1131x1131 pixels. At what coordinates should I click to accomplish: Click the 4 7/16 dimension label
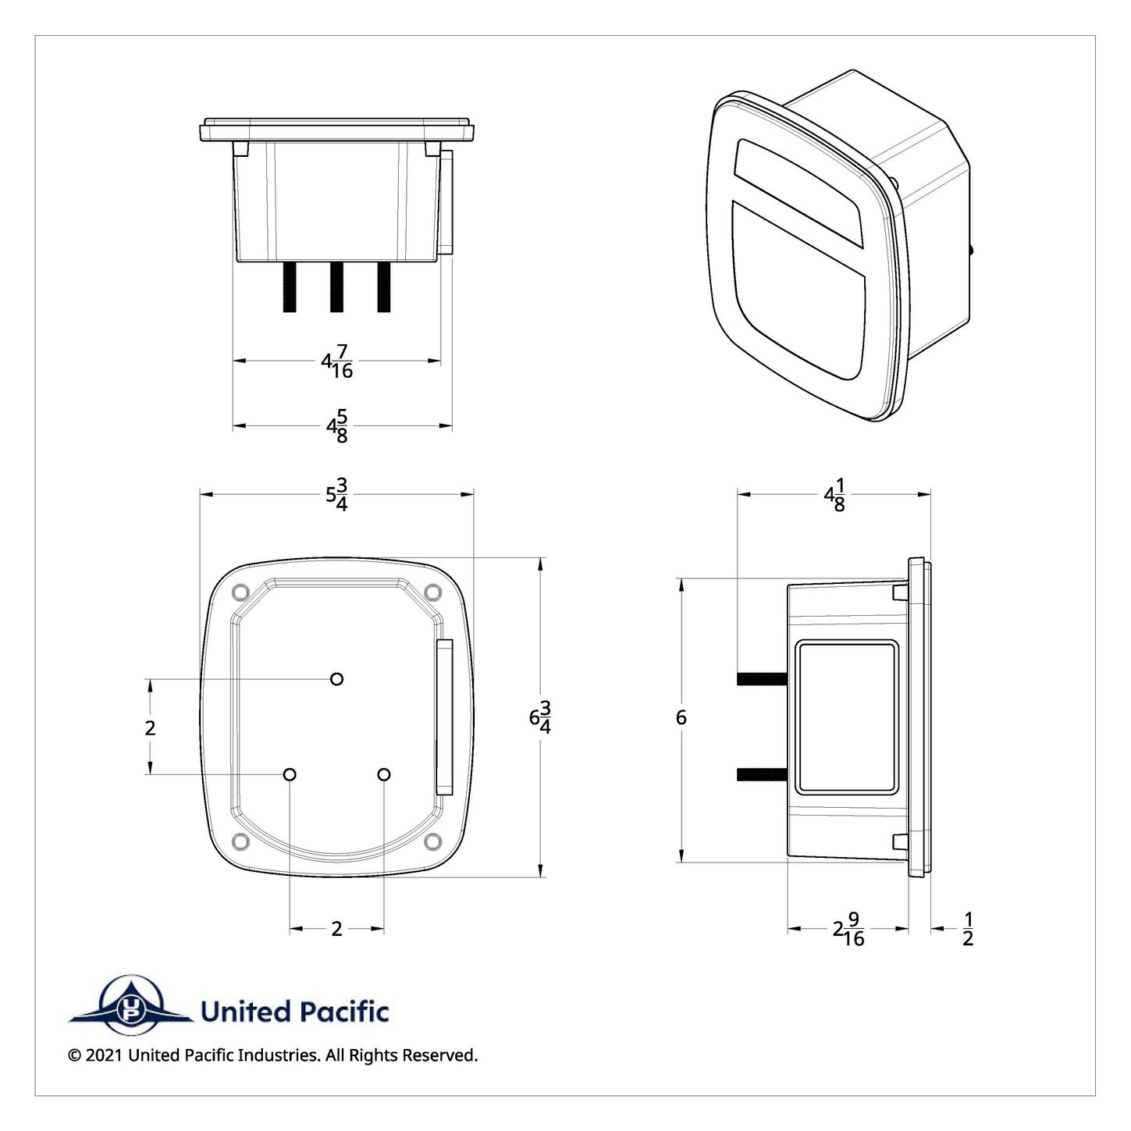tap(337, 361)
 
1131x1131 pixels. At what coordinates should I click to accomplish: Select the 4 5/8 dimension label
tap(337, 426)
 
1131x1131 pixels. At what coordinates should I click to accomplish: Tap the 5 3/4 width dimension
tap(337, 494)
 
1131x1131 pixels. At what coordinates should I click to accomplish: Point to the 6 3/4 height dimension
tap(540, 717)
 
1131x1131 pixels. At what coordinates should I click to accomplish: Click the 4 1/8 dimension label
tap(834, 495)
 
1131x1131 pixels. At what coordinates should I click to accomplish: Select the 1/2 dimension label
tap(968, 929)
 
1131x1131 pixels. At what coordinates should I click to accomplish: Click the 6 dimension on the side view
tap(681, 717)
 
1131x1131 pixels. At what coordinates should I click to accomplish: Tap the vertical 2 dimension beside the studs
tap(150, 727)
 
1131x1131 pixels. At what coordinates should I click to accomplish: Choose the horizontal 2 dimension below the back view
tap(337, 929)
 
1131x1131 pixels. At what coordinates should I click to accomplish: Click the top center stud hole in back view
tap(337, 679)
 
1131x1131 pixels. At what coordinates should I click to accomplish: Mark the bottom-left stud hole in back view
tap(290, 775)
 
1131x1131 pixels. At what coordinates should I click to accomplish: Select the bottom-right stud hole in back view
tap(384, 775)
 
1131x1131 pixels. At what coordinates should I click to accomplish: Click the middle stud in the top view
tap(336, 287)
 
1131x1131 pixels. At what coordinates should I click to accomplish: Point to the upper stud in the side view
tap(762, 679)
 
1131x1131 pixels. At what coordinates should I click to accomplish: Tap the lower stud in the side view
tap(762, 775)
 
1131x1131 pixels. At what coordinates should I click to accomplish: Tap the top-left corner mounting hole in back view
tap(240, 592)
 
